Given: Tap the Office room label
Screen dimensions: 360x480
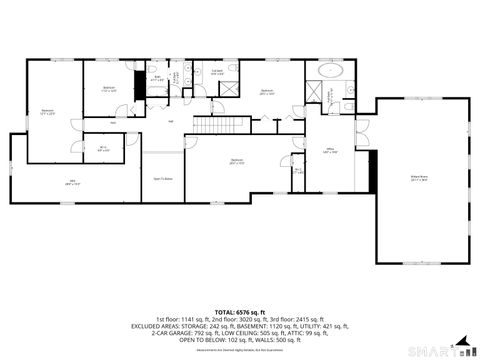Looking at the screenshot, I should click(x=330, y=152).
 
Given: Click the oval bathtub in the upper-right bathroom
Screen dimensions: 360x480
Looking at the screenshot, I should click(x=331, y=75).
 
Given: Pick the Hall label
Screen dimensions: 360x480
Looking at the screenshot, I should click(x=171, y=122).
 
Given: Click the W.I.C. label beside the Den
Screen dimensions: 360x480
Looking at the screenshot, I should click(x=103, y=149).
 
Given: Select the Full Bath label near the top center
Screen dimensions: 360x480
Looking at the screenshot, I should click(x=217, y=72).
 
